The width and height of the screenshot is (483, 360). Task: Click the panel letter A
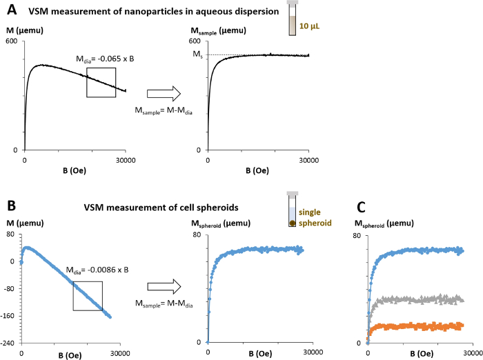coord(12,12)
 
